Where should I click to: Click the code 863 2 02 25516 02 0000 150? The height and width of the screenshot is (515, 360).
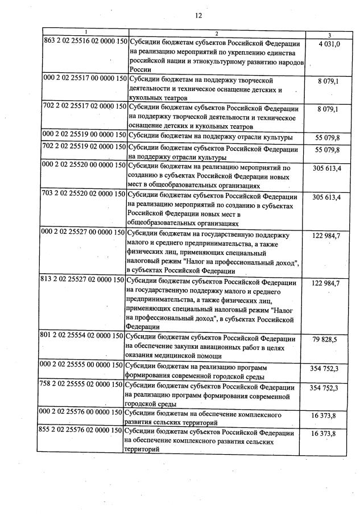[85, 42]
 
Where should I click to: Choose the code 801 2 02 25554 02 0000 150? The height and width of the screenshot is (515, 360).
[85, 336]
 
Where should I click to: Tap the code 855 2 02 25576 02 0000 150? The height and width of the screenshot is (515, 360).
[85, 433]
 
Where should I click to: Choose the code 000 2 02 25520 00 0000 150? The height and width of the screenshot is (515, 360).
[85, 167]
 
